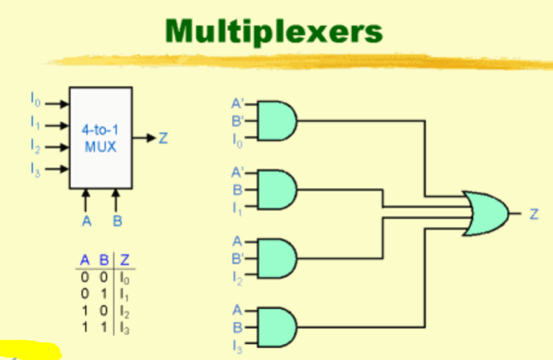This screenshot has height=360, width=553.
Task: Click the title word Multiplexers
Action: click(x=271, y=30)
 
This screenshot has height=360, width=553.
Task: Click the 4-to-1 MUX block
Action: click(x=100, y=138)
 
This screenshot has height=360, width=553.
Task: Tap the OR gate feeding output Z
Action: click(x=485, y=214)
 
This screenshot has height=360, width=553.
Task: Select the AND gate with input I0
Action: click(x=276, y=120)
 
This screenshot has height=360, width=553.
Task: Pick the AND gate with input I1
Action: click(x=276, y=190)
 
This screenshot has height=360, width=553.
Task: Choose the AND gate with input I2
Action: click(x=276, y=258)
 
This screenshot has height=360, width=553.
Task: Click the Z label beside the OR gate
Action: click(x=534, y=214)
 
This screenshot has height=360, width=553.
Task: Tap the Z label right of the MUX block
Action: click(x=163, y=138)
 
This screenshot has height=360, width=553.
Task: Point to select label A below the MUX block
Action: click(x=86, y=221)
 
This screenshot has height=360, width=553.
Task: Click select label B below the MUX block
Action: click(x=117, y=221)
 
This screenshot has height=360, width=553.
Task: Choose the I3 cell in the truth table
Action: click(x=125, y=328)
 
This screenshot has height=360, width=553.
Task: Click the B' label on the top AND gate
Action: click(x=237, y=120)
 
